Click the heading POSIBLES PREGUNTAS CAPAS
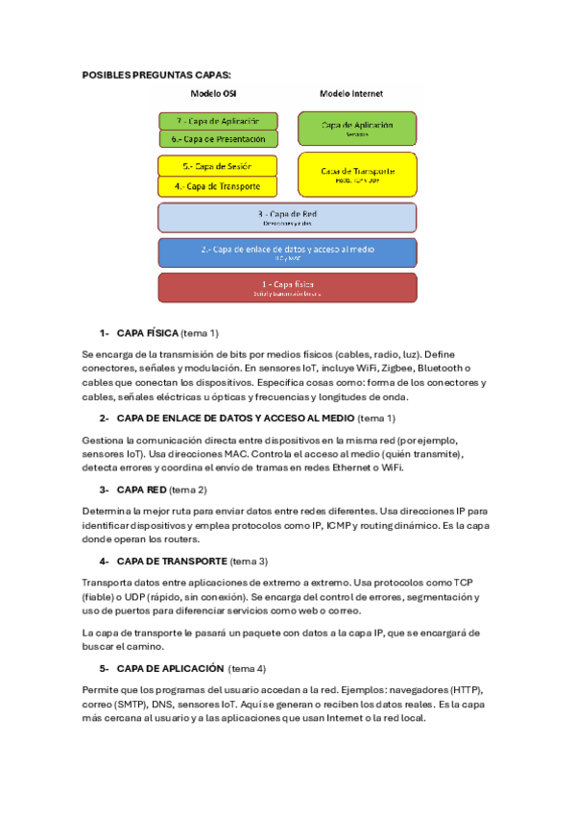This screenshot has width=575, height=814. click(156, 74)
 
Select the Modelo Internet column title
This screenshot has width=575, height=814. click(350, 94)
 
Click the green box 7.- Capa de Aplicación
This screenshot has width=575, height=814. click(218, 121)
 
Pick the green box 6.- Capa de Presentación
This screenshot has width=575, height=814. click(218, 139)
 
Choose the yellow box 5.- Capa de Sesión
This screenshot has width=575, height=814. click(217, 166)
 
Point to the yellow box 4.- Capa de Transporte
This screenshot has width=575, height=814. click(217, 186)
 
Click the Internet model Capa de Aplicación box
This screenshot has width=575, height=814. click(357, 128)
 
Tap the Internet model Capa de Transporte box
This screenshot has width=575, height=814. click(357, 174)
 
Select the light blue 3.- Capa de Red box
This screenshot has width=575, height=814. click(287, 217)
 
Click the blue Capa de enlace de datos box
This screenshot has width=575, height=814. click(287, 252)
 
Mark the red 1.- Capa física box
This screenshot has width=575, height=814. click(287, 287)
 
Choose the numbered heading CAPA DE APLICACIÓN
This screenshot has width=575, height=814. click(170, 668)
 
